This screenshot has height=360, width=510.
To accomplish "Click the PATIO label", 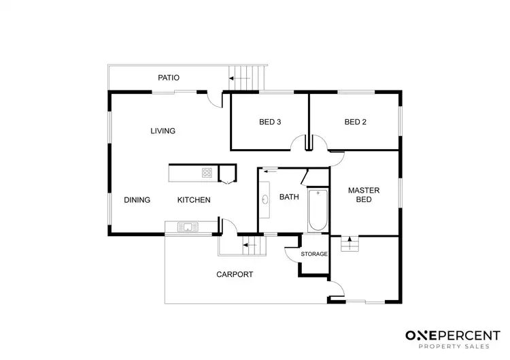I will pos(169,78).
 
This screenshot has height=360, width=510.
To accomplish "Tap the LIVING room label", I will pos(163,131).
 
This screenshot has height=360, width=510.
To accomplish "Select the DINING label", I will pos(137,200).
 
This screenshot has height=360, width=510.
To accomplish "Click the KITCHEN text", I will pos(194,200).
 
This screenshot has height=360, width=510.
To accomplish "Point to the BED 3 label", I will pos(270,122).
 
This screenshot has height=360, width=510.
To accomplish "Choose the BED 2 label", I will pos(355,122).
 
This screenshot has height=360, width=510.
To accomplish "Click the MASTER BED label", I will pos(363,195).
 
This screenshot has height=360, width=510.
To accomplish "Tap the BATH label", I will pos(289,197).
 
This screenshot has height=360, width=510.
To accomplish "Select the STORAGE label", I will pos(314,254).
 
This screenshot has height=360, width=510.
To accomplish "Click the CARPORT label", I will pos(235,274).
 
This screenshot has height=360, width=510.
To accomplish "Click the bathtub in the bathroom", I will pos(318,210).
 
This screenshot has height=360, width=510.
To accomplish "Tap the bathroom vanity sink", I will pos(265,200).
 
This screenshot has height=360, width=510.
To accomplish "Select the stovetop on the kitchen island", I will pos(207,174).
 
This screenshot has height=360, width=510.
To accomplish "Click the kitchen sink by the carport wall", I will pos(187,227).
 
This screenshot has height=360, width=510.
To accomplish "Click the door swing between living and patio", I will pos(216,101).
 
